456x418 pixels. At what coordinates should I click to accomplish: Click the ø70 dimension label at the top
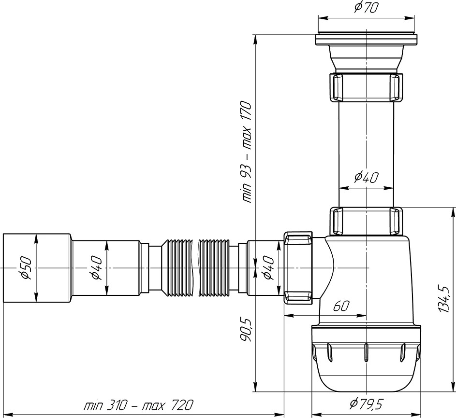tap(366, 8)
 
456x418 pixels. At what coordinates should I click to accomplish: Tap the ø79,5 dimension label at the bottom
tap(367, 404)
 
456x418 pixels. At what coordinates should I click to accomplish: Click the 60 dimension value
tap(340, 306)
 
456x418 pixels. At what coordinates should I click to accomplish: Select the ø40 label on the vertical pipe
tap(366, 177)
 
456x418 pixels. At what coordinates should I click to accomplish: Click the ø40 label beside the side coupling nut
tap(269, 267)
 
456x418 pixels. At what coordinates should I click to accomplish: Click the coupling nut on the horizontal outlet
tap(298, 267)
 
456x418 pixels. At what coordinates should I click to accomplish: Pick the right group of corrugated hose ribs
tap(214, 267)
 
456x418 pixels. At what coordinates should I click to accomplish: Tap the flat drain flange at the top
tap(366, 40)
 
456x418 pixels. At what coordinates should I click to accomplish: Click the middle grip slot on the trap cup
tap(366, 353)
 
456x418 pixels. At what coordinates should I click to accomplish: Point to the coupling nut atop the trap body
tap(367, 221)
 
